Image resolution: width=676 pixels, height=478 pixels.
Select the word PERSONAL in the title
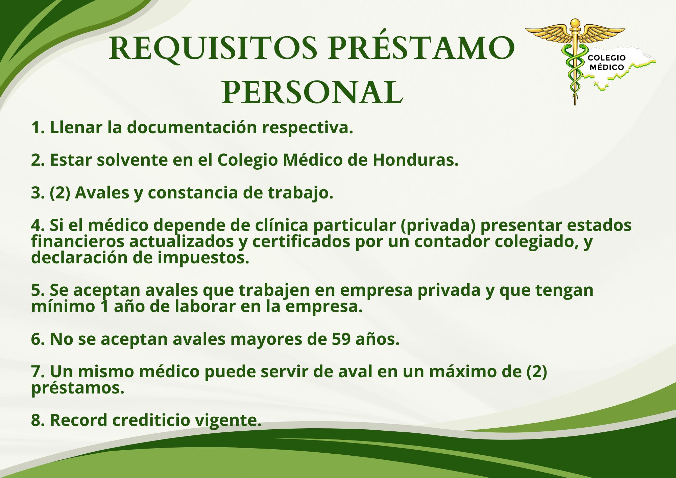[313, 92]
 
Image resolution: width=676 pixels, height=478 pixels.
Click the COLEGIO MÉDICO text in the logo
[607, 63]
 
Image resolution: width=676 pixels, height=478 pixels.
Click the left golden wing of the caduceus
[548, 33]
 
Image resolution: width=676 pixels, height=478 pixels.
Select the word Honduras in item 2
[415, 160]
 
